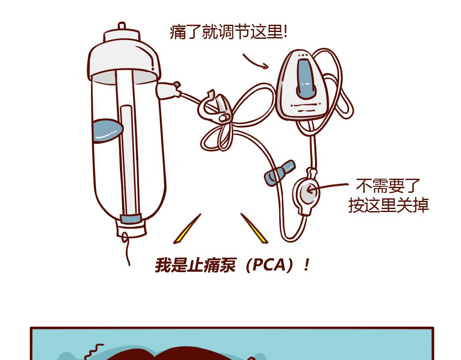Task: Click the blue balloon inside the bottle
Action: pos(108,130)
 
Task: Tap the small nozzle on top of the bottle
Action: pos(122,26)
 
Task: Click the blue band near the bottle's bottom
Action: pos(131,218)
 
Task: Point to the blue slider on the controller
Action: pos(306,79)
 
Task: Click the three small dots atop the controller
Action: pos(303,55)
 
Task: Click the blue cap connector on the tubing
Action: pos(279,173)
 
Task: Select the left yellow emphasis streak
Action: pos(187,229)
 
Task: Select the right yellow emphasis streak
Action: pos(254,228)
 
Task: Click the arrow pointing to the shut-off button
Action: pos(327,187)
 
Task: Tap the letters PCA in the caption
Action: pos(269,265)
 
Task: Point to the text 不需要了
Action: pos(388,186)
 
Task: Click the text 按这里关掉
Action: pos(388,205)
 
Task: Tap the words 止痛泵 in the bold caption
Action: pos(212,265)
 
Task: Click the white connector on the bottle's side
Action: pos(168,90)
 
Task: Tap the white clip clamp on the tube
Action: pos(215,107)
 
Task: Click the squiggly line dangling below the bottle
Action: pos(126,249)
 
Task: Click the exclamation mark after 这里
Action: pos(285,32)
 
